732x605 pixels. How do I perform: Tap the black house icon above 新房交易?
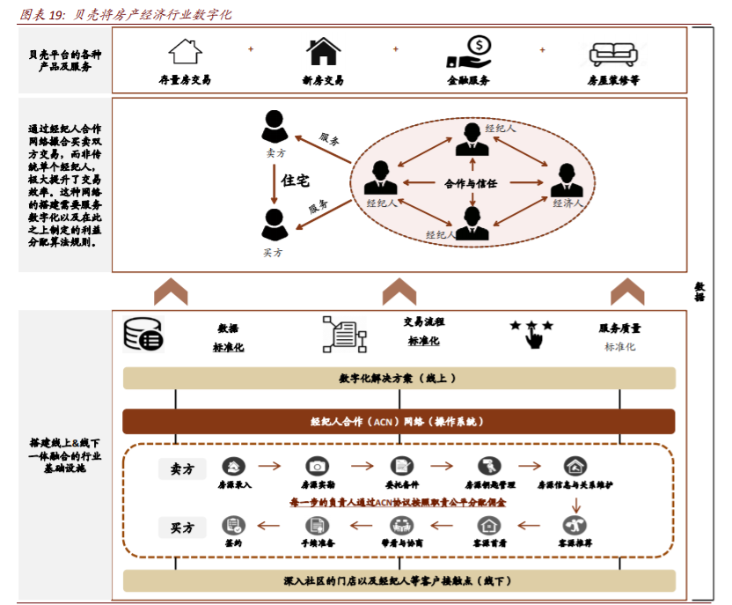tap(323, 50)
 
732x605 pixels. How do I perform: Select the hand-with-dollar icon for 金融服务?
tap(468, 51)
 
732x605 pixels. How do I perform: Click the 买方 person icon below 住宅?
tap(274, 225)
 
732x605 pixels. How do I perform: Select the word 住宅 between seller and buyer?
tap(295, 181)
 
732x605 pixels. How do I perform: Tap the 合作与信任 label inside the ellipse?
tap(472, 183)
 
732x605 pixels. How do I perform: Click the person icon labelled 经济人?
tap(567, 181)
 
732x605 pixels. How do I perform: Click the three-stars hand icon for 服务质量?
tap(531, 334)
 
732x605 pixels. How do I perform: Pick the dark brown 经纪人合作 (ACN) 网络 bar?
tap(399, 421)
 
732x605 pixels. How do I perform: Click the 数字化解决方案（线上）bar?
tap(399, 378)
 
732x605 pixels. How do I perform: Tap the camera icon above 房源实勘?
tap(316, 467)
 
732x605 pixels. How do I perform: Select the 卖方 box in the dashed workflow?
tap(182, 469)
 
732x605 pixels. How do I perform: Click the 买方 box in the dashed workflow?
tap(182, 528)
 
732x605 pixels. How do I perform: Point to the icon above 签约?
tap(232, 526)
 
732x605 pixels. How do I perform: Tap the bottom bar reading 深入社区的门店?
tap(399, 581)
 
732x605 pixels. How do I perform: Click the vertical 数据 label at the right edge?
tap(700, 291)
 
